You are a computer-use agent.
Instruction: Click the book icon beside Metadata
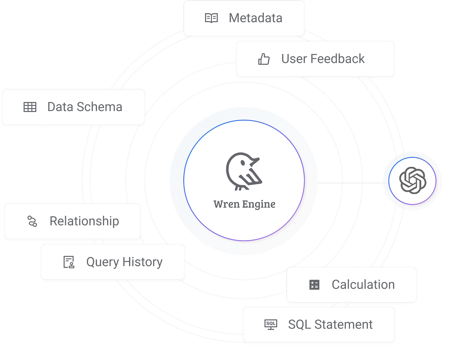[211, 18]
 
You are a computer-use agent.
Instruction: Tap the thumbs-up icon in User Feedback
[264, 59]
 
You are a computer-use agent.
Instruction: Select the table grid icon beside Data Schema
[30, 107]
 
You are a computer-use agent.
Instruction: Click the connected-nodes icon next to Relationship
[32, 221]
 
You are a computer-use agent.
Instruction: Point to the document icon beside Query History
[69, 262]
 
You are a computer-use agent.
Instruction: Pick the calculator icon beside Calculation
[314, 285]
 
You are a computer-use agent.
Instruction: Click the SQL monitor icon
[271, 324]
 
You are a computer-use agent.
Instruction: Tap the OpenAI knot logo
[412, 180]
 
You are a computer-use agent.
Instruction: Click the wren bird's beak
[255, 160]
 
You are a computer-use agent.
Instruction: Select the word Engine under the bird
[259, 204]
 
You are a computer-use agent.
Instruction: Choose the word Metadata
[255, 18]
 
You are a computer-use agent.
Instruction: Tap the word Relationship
[84, 221]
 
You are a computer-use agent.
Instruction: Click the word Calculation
[363, 285]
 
